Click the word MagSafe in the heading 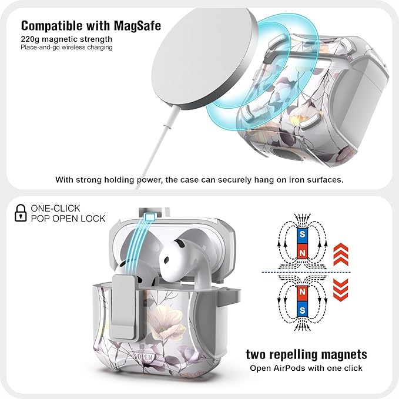pyautogui.click(x=137, y=26)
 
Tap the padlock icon pyautogui.click(x=21, y=213)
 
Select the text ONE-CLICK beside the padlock pyautogui.click(x=55, y=209)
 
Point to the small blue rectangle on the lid pyautogui.click(x=150, y=217)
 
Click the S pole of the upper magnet pyautogui.click(x=302, y=234)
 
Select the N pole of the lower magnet pyautogui.click(x=302, y=291)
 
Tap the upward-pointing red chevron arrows pyautogui.click(x=340, y=254)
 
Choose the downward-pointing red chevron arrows pyautogui.click(x=340, y=290)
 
